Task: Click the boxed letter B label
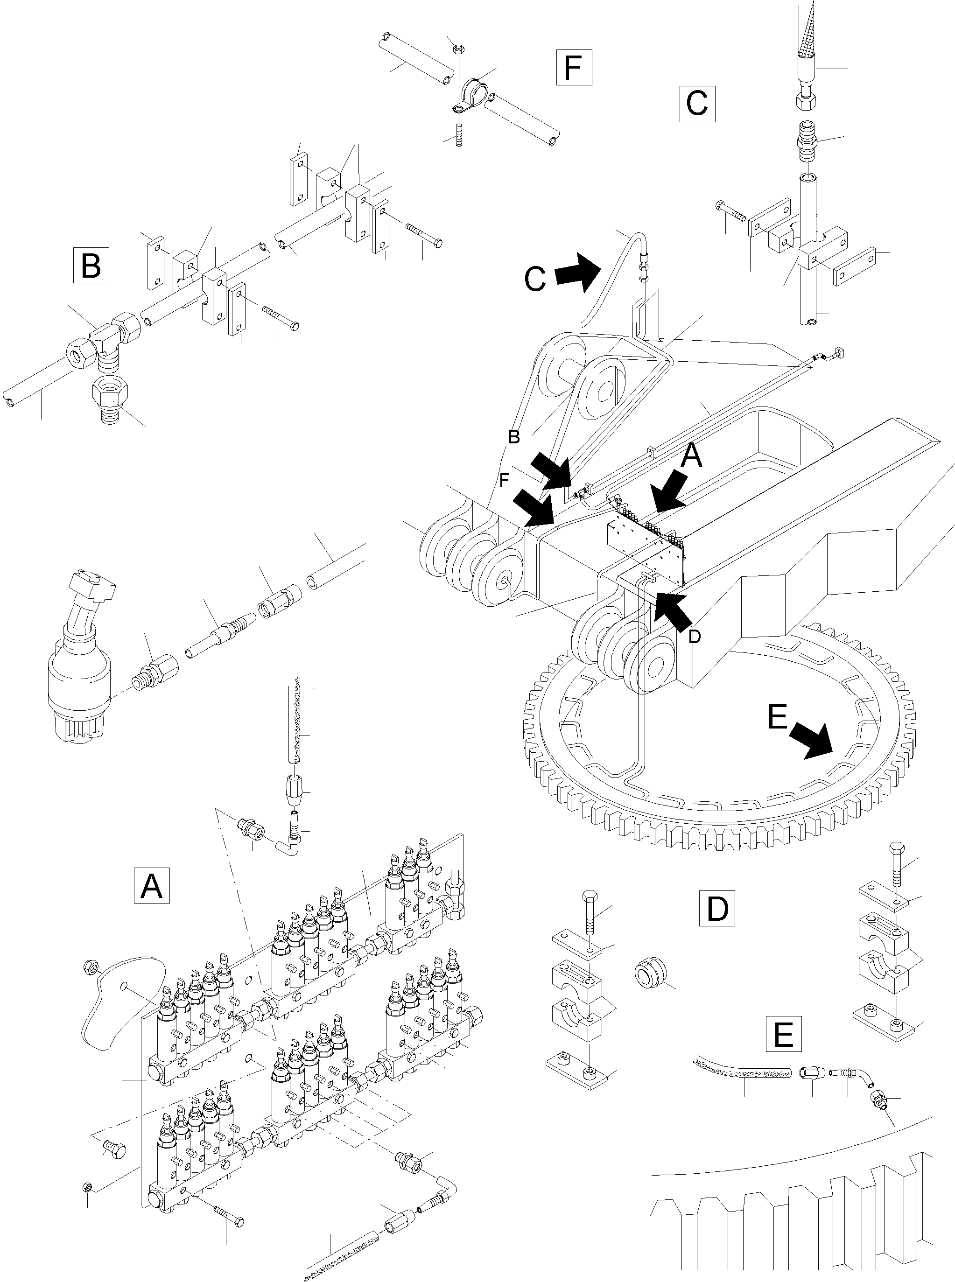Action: coord(91,265)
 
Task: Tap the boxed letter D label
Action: coord(717,909)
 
